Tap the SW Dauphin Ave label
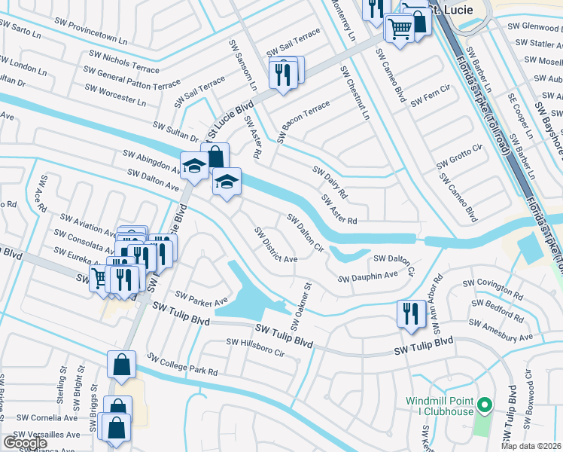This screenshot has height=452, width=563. click(x=367, y=277)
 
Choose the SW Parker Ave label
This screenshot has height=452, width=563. click(x=201, y=298)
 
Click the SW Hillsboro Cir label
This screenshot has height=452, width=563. click(x=256, y=347)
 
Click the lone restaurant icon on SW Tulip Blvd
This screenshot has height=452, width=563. click(x=410, y=313)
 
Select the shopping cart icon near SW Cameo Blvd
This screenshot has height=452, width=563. click(x=400, y=29)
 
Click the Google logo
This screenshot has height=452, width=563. click(x=26, y=442)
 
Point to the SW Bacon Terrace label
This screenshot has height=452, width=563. click(x=304, y=121)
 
